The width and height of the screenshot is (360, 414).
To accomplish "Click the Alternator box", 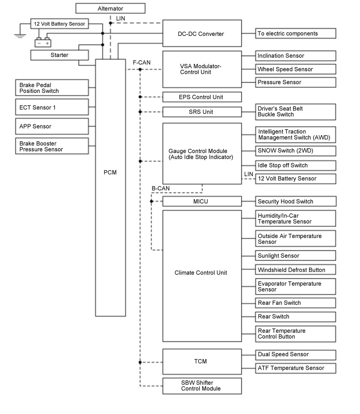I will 110,8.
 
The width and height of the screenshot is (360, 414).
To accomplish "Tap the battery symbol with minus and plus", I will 43,43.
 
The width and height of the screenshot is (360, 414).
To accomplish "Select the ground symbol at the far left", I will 20,36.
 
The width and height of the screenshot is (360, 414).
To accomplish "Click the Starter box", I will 59,55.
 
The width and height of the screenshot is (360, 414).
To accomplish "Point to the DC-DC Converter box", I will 202,34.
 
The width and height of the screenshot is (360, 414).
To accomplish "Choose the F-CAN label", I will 142,63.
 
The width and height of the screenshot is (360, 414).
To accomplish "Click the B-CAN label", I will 160,188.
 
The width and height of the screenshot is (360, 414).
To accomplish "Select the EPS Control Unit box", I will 202,97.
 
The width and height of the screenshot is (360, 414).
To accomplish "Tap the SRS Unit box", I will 202,112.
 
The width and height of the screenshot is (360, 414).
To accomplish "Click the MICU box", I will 202,201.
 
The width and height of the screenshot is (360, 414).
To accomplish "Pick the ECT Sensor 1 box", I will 52,107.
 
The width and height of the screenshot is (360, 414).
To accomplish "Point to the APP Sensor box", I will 52,126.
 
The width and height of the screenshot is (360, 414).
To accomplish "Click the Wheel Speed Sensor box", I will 295,69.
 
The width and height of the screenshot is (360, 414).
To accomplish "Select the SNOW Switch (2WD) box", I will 295,151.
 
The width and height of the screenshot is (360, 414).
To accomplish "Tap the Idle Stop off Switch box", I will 295,165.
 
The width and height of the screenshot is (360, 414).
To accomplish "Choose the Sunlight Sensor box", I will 295,256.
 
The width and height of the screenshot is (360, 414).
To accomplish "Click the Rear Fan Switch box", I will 295,303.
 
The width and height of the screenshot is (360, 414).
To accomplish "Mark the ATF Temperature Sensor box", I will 295,368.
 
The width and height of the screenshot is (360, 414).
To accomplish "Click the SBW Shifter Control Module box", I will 202,386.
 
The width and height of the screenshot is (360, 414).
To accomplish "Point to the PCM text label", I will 110,172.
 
